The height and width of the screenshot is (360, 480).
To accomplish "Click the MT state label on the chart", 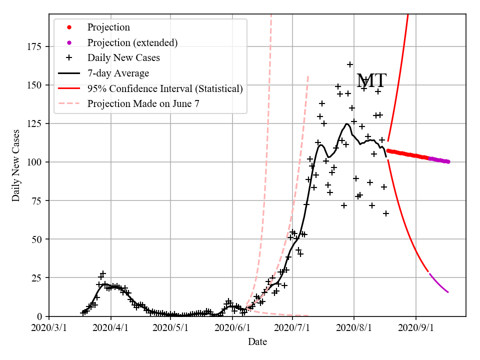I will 371,80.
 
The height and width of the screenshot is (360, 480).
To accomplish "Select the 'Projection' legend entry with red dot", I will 108,27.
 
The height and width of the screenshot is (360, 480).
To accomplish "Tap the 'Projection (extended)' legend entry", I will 132,42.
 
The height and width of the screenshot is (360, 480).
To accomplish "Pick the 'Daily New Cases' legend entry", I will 123,58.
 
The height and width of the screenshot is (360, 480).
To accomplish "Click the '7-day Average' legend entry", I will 118,73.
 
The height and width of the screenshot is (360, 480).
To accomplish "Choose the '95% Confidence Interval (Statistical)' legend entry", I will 164,89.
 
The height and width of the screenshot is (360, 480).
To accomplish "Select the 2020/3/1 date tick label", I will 49,327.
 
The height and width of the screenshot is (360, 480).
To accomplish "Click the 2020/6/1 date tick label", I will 232,327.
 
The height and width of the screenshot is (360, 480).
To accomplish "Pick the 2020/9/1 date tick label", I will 415,327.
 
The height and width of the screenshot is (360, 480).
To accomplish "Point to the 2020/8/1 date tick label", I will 354,327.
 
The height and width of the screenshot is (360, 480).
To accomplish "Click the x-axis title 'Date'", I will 257,342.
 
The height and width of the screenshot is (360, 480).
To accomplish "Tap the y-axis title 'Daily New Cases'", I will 16,166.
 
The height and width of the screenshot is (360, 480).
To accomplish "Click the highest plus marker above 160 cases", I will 350,64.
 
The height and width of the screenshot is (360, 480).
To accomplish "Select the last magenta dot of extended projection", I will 448,161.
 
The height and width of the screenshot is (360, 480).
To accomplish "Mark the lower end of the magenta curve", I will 448,292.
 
